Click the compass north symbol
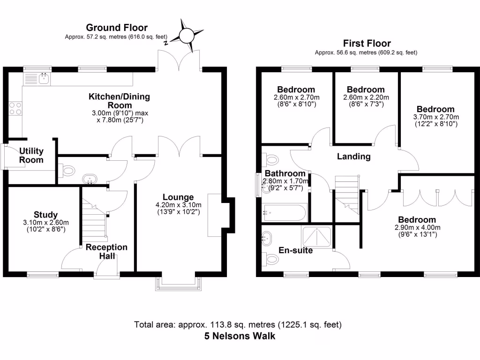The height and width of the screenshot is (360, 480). [186, 35]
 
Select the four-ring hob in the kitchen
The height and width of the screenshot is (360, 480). [15, 108]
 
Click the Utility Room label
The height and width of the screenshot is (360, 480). [31, 155]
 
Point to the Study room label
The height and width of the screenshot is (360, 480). [45, 215]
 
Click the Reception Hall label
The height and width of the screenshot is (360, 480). [106, 251]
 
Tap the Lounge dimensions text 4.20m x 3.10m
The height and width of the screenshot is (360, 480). [178, 204]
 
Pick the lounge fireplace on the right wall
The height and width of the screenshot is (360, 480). [214, 214]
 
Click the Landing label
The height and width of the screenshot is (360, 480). [353, 157]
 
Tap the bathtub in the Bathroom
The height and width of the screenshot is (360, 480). [285, 213]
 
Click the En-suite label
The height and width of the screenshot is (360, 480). [295, 250]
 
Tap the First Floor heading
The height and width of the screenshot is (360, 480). [366, 44]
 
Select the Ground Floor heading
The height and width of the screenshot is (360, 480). [117, 28]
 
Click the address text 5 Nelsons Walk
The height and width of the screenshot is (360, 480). [240, 336]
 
